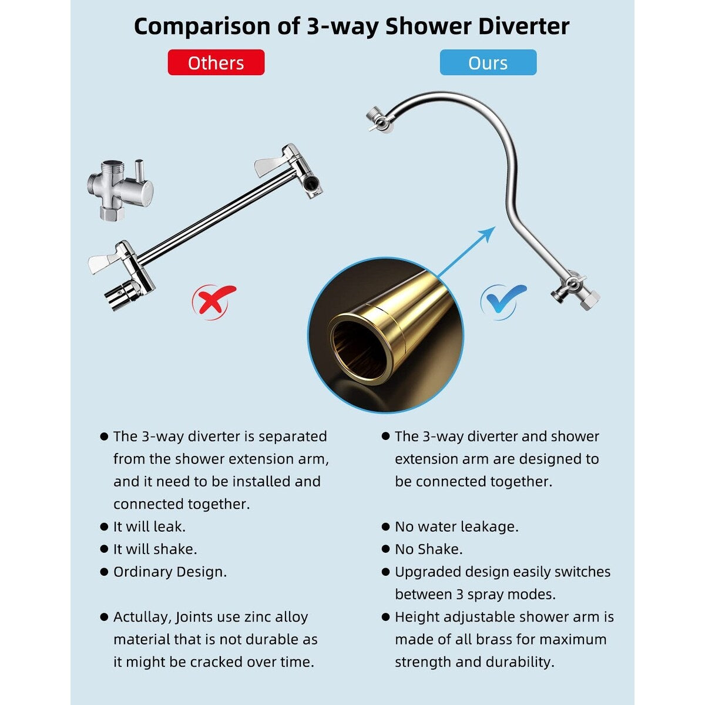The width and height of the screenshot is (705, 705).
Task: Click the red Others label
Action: tap(216, 63)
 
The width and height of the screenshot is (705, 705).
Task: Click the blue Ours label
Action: tap(488, 63)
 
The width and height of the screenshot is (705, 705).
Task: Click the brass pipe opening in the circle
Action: tap(358, 347)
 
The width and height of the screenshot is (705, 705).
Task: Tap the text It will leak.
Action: tap(149, 527)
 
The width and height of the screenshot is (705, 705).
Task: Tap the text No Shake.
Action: tap(428, 549)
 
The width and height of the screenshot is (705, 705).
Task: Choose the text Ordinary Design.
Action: tap(170, 572)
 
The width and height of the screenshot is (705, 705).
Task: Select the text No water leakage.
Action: tap(456, 527)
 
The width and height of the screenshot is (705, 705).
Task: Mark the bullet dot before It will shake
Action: tap(104, 549)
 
